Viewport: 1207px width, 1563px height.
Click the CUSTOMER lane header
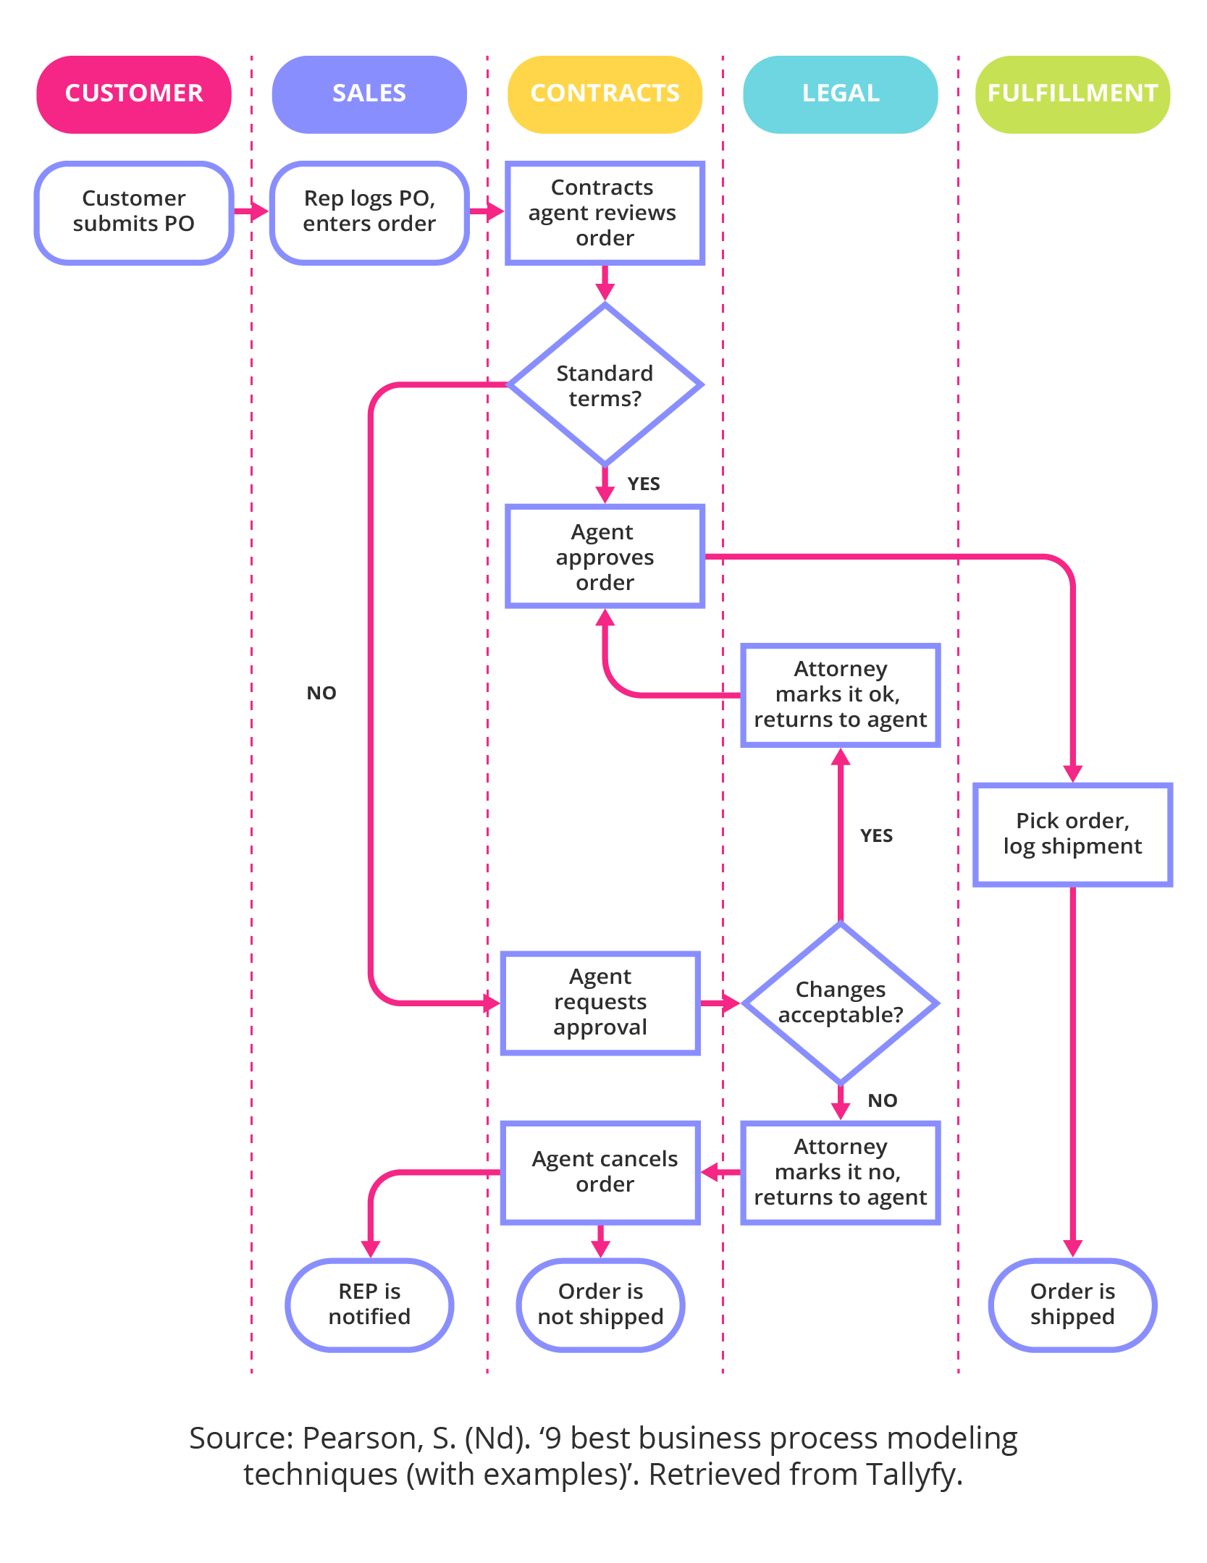click(x=134, y=94)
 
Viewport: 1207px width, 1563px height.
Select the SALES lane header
click(x=369, y=94)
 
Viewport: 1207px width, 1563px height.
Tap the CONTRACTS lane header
click(x=605, y=94)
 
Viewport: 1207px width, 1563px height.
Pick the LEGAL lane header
click(x=840, y=94)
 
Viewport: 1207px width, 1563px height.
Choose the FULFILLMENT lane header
click(x=1072, y=94)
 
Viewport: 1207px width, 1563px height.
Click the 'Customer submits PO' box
click(x=134, y=211)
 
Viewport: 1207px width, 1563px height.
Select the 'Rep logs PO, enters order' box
click(x=369, y=211)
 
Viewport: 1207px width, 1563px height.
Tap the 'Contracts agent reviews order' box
click(x=605, y=213)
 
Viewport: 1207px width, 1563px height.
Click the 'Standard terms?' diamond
click(x=605, y=385)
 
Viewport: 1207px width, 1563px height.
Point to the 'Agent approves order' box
click(x=605, y=557)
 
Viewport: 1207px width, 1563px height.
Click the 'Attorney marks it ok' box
click(x=840, y=694)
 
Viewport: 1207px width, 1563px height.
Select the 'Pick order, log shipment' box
click(x=1072, y=834)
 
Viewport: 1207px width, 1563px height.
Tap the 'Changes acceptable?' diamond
click(x=840, y=1003)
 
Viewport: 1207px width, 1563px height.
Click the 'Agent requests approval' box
click(x=600, y=1003)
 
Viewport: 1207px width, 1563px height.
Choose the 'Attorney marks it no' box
click(x=840, y=1172)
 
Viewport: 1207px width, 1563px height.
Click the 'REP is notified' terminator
click(x=369, y=1305)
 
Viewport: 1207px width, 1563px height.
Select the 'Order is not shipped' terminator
click(x=600, y=1305)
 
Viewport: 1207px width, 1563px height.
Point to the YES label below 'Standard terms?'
click(x=643, y=484)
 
